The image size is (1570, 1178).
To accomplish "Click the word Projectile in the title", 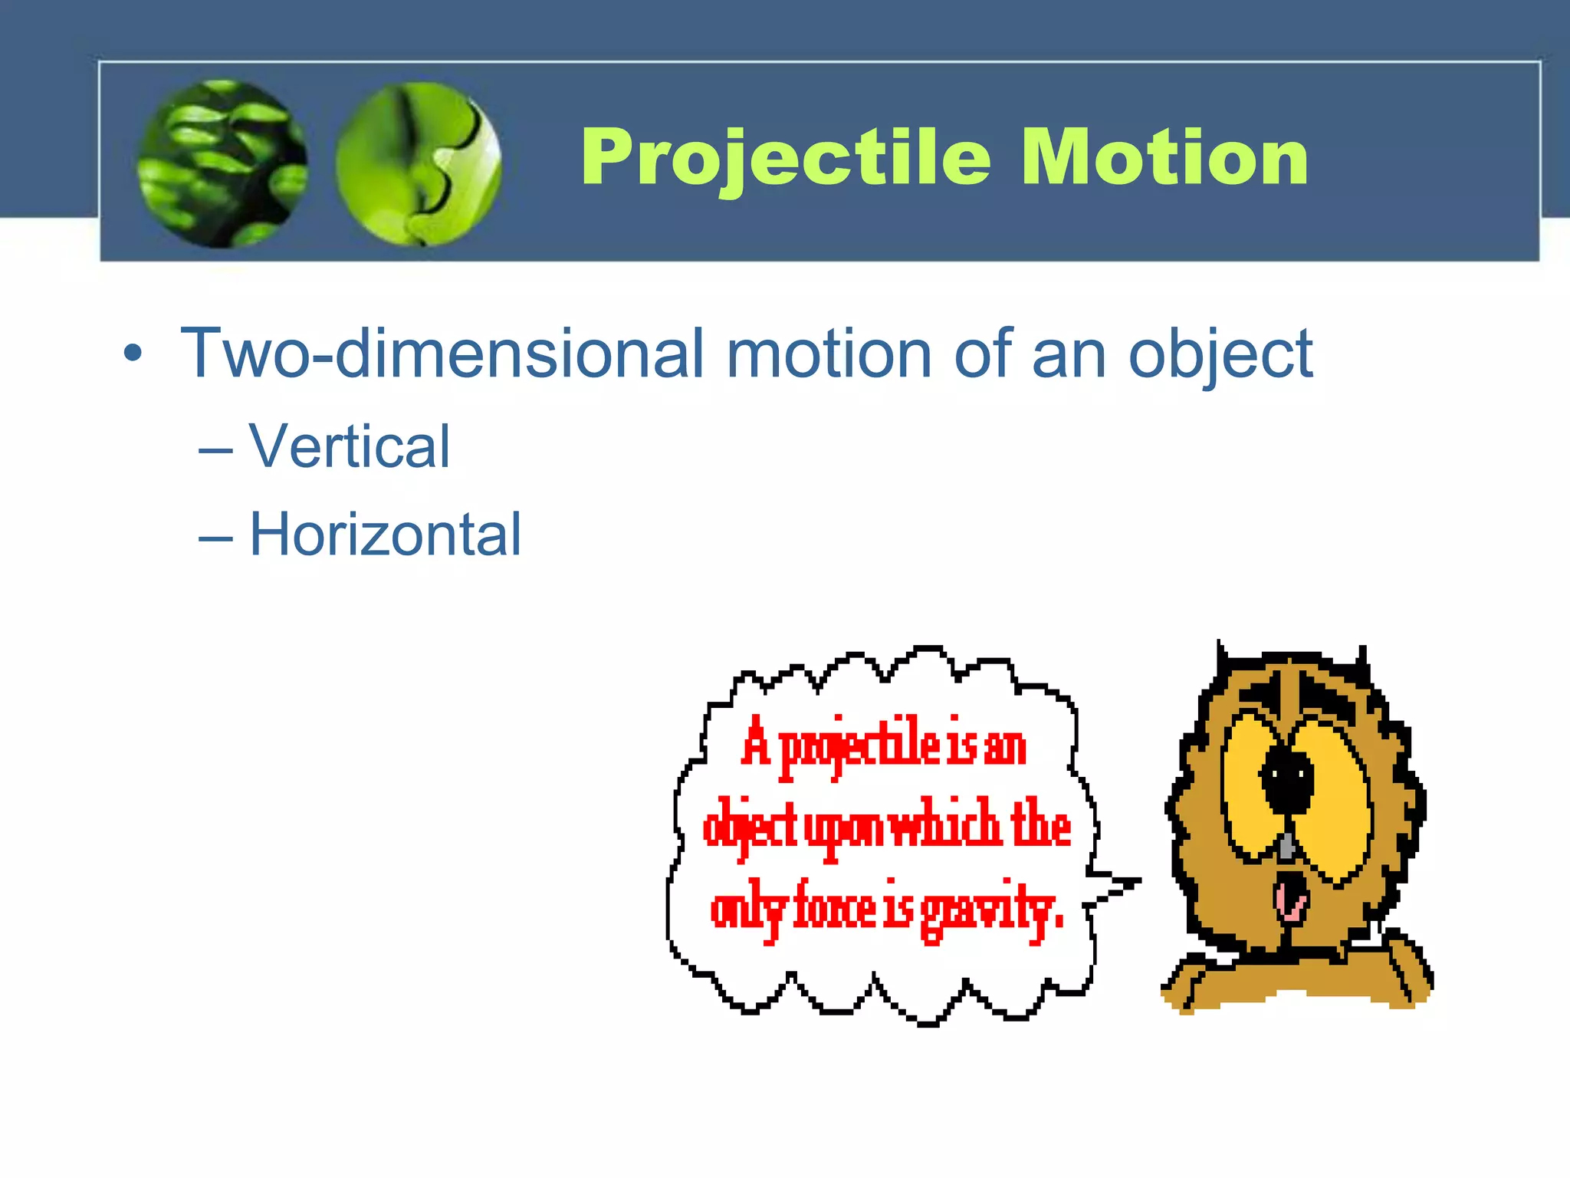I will coord(787,157).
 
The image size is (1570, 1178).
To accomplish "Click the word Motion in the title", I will coord(1164,157).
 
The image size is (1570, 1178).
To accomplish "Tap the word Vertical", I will coord(350,446).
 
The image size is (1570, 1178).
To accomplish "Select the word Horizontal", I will coord(385,535).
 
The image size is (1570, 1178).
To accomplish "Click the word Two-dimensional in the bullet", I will coord(442,354).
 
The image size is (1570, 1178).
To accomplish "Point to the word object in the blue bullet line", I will coord(1220,355).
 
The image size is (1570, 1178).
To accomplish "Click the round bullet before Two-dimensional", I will coord(133,354).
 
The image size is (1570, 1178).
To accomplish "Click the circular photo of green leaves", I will coord(222,163).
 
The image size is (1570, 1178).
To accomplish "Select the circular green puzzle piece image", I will coord(419,163).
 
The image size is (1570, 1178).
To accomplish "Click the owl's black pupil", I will coord(1288,780).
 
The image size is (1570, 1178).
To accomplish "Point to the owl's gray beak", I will coord(1288,844).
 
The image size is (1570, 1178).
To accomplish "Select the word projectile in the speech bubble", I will coord(859,746).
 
